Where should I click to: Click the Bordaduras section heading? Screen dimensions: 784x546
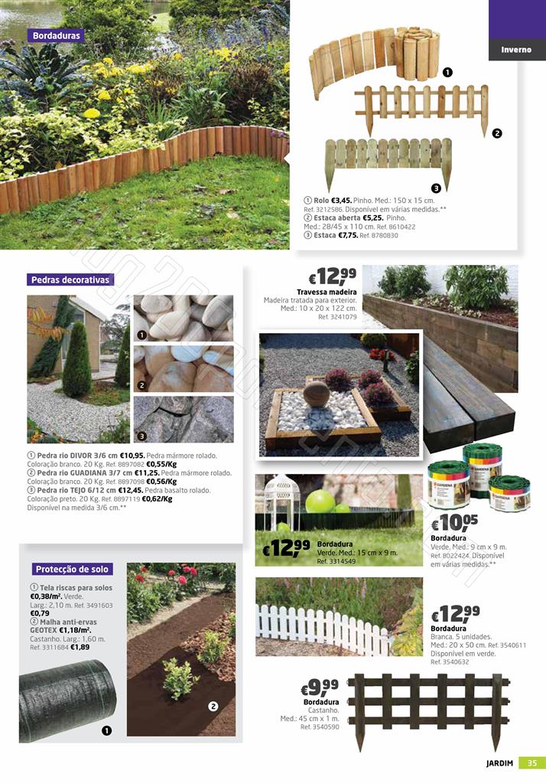tap(57, 35)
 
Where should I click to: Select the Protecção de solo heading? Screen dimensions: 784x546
tap(73, 569)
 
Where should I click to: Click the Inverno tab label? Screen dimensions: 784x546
tap(516, 50)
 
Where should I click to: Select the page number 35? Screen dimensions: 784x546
tap(531, 763)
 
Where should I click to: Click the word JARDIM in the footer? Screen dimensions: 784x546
tap(500, 763)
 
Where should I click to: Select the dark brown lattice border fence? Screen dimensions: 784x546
tap(428, 708)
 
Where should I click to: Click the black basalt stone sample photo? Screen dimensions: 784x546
tap(184, 419)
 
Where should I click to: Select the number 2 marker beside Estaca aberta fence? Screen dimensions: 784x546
tap(496, 134)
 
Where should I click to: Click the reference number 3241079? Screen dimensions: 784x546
tap(333, 316)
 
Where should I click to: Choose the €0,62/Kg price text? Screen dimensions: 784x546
tap(157, 498)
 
